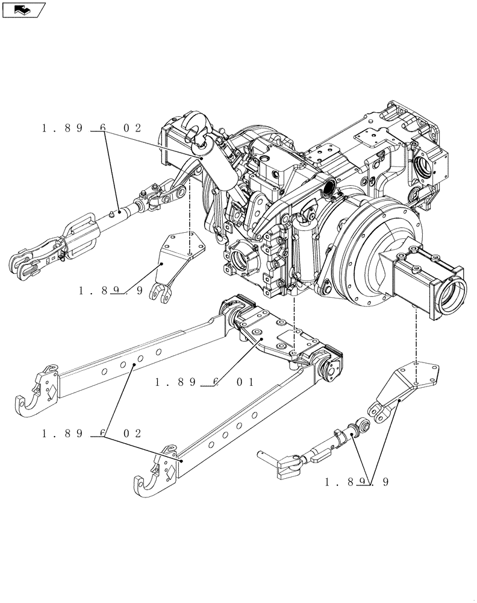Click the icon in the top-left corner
point(23,9)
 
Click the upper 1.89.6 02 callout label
point(92,128)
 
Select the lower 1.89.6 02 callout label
point(92,434)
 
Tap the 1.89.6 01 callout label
point(204,382)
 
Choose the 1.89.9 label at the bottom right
point(357,482)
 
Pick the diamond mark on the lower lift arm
point(170,475)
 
